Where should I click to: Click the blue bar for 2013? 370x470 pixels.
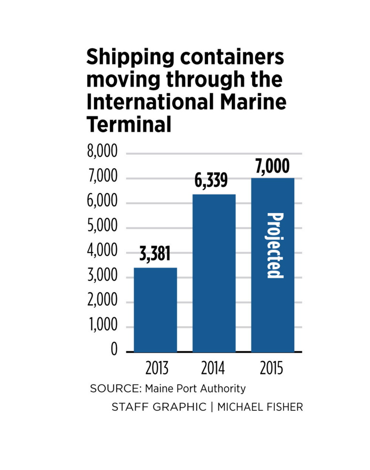click(155, 310)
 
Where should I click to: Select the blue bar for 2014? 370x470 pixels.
click(214, 273)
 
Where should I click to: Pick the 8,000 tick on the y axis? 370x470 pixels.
click(102, 154)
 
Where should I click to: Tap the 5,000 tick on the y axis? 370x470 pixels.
click(102, 228)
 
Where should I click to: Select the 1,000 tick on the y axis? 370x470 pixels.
click(102, 327)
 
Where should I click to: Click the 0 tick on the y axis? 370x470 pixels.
click(114, 351)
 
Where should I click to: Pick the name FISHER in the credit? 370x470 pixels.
click(283, 407)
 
